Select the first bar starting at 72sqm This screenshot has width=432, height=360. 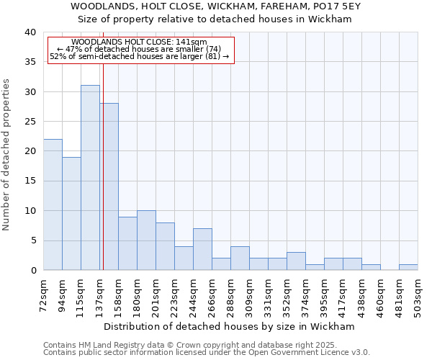tap(53, 204)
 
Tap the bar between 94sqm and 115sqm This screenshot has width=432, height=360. tap(71, 214)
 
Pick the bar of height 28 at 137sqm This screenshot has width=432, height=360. tap(109, 186)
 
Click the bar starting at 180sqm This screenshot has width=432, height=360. tap(146, 240)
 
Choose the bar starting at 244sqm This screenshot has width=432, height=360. tap(202, 249)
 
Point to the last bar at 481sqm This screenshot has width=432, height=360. tap(408, 267)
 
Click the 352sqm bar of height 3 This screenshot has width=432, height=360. tap(296, 261)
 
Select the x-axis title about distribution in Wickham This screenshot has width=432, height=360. tap(229, 326)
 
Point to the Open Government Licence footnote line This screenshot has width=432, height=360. tap(207, 352)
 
